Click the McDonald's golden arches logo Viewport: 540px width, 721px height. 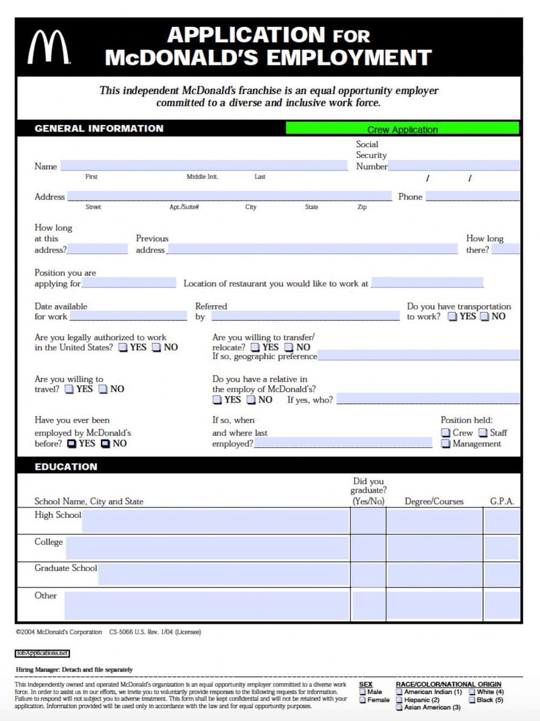[48, 47]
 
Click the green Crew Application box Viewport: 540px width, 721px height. [402, 129]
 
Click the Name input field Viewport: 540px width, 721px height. [203, 166]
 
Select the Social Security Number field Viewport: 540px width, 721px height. [453, 166]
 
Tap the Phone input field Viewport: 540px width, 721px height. [472, 196]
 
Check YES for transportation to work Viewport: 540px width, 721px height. [452, 317]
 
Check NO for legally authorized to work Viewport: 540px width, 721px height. [156, 348]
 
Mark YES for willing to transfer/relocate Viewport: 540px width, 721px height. [256, 348]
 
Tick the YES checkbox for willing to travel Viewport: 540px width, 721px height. [69, 389]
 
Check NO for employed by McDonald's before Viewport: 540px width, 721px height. [105, 444]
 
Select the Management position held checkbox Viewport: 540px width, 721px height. [446, 444]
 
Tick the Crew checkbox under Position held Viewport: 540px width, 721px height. [446, 433]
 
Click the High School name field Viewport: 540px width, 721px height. [215, 521]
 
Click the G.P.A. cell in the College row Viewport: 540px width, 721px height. [502, 548]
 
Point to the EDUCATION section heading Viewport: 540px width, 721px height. [66, 467]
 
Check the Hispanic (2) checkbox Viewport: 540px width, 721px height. [399, 699]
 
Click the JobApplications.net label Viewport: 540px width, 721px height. [43, 653]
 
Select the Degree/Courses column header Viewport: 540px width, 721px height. [434, 501]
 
